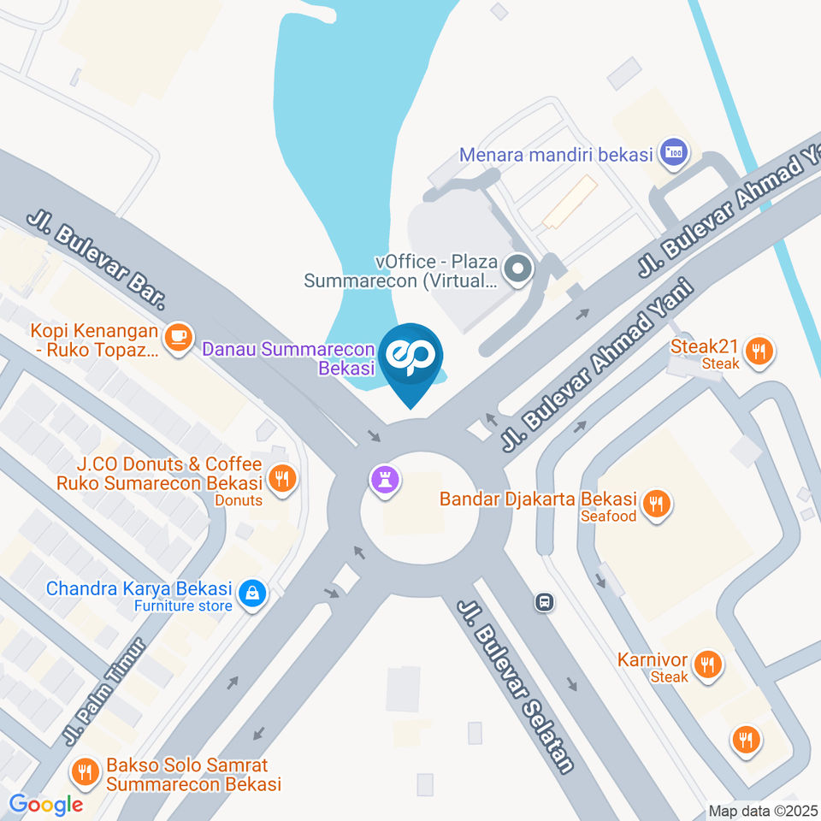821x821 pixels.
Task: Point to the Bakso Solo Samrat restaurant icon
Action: (x=86, y=772)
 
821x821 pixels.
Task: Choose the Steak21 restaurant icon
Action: (x=757, y=351)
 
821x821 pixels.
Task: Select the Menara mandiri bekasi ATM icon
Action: (x=675, y=154)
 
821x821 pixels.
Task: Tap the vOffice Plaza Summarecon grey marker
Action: (x=517, y=270)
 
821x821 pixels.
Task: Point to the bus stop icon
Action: (x=544, y=603)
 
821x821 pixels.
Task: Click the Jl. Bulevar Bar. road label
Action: (x=96, y=261)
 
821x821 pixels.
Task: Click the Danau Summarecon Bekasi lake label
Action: (x=288, y=359)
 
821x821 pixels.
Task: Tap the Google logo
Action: (x=46, y=804)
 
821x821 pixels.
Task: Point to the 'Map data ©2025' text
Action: (x=763, y=811)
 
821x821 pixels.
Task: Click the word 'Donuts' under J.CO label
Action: (x=238, y=500)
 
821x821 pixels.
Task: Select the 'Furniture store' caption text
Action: (x=183, y=606)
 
